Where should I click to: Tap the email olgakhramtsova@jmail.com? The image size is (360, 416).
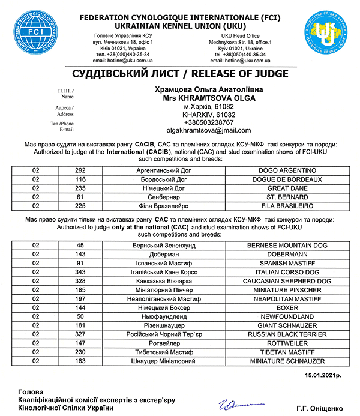coord(208,130)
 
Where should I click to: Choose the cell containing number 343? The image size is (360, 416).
coord(82,271)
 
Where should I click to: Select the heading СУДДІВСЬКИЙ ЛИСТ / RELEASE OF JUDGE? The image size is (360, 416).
coord(180,74)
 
